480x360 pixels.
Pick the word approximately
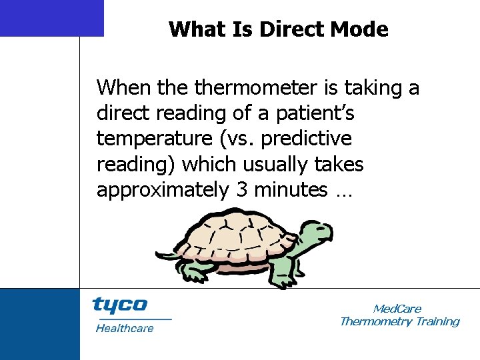pyautogui.click(x=163, y=190)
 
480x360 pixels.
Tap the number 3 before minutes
pyautogui.click(x=241, y=190)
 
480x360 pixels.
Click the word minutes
pyautogui.click(x=287, y=190)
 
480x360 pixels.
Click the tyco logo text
pyautogui.click(x=119, y=305)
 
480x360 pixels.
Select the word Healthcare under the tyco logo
pyautogui.click(x=124, y=328)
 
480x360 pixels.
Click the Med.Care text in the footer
pyautogui.click(x=397, y=309)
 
